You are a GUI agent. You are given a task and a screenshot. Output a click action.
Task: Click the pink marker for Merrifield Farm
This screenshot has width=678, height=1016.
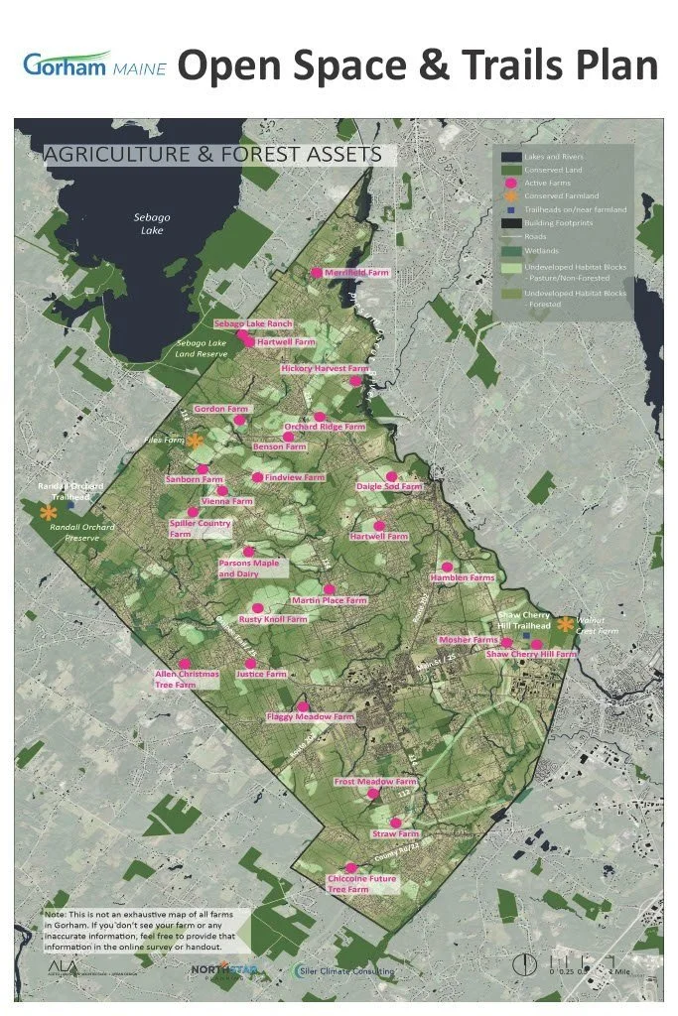317,272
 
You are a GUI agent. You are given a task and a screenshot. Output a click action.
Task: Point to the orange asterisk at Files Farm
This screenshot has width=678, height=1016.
196,441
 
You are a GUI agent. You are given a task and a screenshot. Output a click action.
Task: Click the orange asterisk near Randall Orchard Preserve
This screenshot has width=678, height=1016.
47,512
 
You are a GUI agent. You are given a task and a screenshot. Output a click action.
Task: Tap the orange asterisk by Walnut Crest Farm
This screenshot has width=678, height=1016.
565,624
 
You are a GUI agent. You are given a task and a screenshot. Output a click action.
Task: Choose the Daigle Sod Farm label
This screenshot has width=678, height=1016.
389,487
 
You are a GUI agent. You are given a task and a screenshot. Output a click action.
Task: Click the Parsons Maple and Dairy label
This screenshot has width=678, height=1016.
249,569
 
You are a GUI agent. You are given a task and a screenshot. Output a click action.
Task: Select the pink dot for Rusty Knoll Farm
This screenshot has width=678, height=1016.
256,606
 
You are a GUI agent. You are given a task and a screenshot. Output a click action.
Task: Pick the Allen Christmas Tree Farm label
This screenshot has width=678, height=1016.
186,679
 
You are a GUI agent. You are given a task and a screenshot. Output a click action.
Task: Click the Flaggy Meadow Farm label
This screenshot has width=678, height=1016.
310,716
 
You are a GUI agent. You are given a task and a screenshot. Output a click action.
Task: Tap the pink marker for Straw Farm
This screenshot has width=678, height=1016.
396,822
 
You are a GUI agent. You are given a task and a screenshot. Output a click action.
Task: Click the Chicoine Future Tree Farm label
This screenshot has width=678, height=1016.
361,884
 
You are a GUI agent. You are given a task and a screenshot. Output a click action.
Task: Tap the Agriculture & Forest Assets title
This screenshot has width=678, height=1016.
212,155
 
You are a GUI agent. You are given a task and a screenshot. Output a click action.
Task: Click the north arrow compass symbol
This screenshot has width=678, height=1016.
522,964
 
